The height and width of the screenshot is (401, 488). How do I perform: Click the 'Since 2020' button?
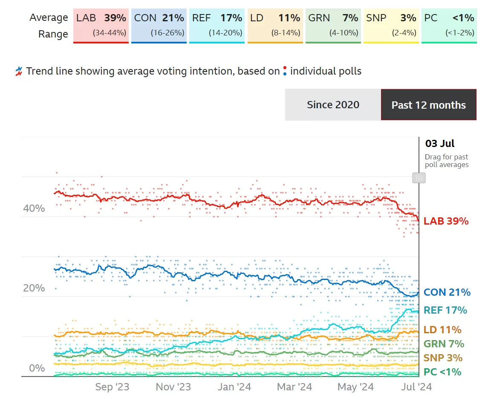tap(333, 105)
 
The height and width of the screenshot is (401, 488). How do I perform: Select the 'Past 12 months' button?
tap(428, 105)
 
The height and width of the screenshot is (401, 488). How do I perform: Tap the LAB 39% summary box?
tap(101, 25)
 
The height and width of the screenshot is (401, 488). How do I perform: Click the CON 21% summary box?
tap(159, 25)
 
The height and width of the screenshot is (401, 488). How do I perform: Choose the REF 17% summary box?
tap(217, 25)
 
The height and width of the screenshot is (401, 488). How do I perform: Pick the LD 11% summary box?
tap(275, 25)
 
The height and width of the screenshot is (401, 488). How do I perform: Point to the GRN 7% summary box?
tap(333, 25)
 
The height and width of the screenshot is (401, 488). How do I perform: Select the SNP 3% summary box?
tap(391, 25)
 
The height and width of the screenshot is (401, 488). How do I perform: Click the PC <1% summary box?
tap(449, 25)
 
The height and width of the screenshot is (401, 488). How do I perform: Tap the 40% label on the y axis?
tap(34, 208)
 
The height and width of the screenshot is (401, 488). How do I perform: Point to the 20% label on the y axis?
tap(34, 288)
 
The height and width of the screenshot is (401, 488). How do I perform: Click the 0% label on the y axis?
tap(37, 368)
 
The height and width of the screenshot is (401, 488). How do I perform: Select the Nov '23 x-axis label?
tap(173, 387)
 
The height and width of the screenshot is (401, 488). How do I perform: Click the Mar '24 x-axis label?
tap(295, 387)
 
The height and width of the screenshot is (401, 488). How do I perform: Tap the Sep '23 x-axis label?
tap(112, 387)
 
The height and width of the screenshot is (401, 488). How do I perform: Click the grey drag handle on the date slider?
tap(419, 178)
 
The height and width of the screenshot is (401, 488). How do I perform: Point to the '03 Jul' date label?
tap(440, 143)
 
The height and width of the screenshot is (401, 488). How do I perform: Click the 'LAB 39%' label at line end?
tap(446, 221)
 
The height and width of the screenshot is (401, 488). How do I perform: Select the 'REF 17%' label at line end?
tap(445, 310)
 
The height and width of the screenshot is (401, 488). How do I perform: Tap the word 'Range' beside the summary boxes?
tap(53, 34)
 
